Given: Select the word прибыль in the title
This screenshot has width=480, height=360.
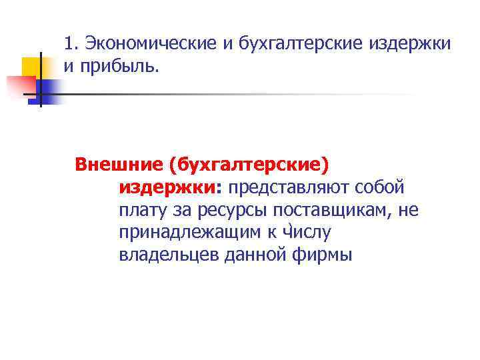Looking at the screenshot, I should [119, 66].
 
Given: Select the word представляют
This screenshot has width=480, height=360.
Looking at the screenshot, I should [281, 187].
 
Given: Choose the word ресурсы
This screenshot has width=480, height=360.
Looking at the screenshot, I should [223, 210].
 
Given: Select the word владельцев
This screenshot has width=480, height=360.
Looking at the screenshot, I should [163, 255].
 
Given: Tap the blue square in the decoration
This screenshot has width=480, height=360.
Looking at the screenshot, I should [49, 90].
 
